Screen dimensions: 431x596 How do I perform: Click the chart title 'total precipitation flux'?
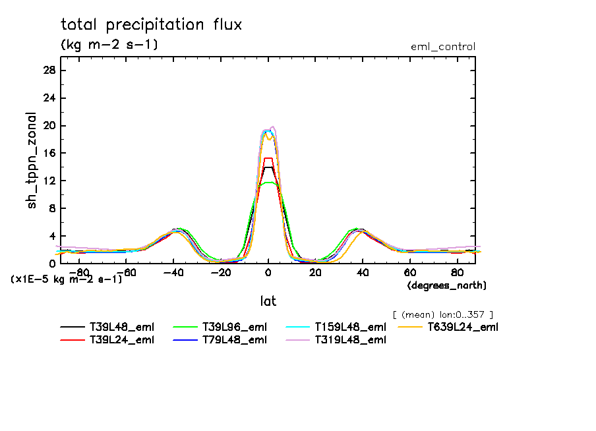(152, 25)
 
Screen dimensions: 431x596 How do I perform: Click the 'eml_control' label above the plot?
(442, 47)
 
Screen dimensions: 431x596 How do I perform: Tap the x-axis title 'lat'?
(268, 301)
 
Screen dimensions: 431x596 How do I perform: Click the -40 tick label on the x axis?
(173, 272)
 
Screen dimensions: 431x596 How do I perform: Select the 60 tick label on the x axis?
(409, 272)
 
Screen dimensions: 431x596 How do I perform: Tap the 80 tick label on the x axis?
(457, 272)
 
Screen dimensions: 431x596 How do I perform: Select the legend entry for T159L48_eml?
(349, 327)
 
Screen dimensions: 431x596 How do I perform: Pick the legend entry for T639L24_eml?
(463, 327)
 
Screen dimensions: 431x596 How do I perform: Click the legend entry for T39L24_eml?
(122, 340)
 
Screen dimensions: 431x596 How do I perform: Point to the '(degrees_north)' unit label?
(447, 285)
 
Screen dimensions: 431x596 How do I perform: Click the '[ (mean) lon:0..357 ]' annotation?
(442, 314)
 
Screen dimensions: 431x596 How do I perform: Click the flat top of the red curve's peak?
(268, 158)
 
